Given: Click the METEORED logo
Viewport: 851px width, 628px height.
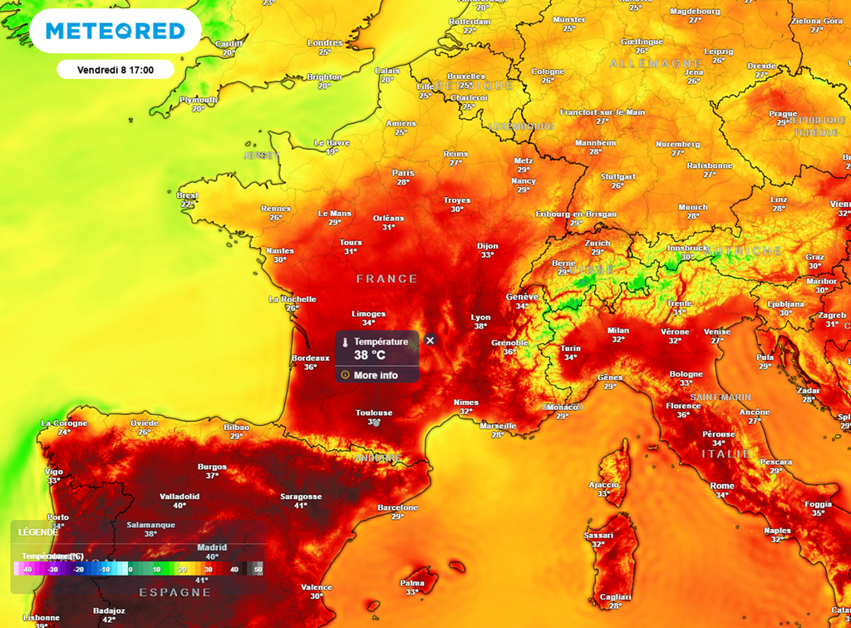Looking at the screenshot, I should point(115,32).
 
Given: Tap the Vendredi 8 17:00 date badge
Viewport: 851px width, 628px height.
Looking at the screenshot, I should point(115,70).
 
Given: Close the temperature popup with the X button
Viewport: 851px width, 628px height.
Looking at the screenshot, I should point(430,340).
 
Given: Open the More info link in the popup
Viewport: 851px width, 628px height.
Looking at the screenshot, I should point(376,375).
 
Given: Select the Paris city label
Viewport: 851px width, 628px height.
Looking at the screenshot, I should point(402,173).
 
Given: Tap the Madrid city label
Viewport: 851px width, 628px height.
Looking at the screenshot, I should point(212,547).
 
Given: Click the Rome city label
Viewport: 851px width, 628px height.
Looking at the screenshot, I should point(721,486).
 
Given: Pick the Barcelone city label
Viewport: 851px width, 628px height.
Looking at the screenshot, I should point(397,507).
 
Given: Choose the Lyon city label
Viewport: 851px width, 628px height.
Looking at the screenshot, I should point(480,317).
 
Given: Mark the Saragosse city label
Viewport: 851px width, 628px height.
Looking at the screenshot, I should point(301,497).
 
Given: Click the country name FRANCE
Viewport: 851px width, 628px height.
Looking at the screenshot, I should point(386,279).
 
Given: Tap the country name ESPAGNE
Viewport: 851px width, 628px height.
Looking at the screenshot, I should point(175,592).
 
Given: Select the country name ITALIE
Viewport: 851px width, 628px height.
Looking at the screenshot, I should point(726,454).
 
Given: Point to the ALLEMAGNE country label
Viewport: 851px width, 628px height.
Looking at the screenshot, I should point(644,64).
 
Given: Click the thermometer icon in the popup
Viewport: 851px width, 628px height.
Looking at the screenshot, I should point(345,342).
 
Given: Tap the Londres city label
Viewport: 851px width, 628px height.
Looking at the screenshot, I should point(324,42).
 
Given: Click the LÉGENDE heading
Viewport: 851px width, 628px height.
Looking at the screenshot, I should point(38,532).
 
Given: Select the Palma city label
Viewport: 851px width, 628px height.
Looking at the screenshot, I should point(412,582).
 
